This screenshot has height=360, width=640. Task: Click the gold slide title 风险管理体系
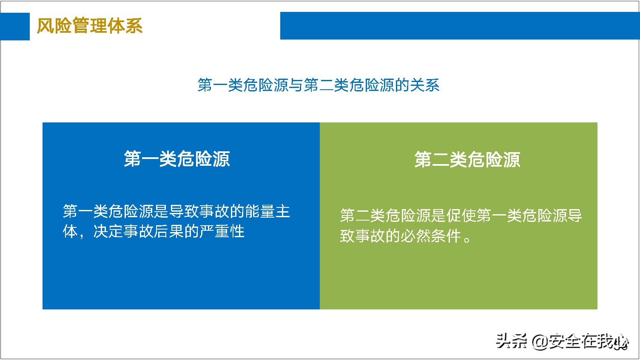pyautogui.click(x=89, y=26)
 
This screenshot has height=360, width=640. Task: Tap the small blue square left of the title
pyautogui.click(x=15, y=26)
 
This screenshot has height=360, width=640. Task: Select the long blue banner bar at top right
pyautogui.click(x=459, y=26)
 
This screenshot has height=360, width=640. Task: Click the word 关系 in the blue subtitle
pyautogui.click(x=425, y=85)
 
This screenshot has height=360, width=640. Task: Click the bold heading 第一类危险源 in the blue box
pyautogui.click(x=176, y=159)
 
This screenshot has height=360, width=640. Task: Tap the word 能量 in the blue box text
pyautogui.click(x=260, y=211)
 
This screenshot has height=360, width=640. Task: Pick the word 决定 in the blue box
pyautogui.click(x=108, y=232)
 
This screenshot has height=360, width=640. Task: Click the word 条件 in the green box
pyautogui.click(x=446, y=236)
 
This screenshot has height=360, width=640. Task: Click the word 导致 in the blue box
pyautogui.click(x=184, y=211)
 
